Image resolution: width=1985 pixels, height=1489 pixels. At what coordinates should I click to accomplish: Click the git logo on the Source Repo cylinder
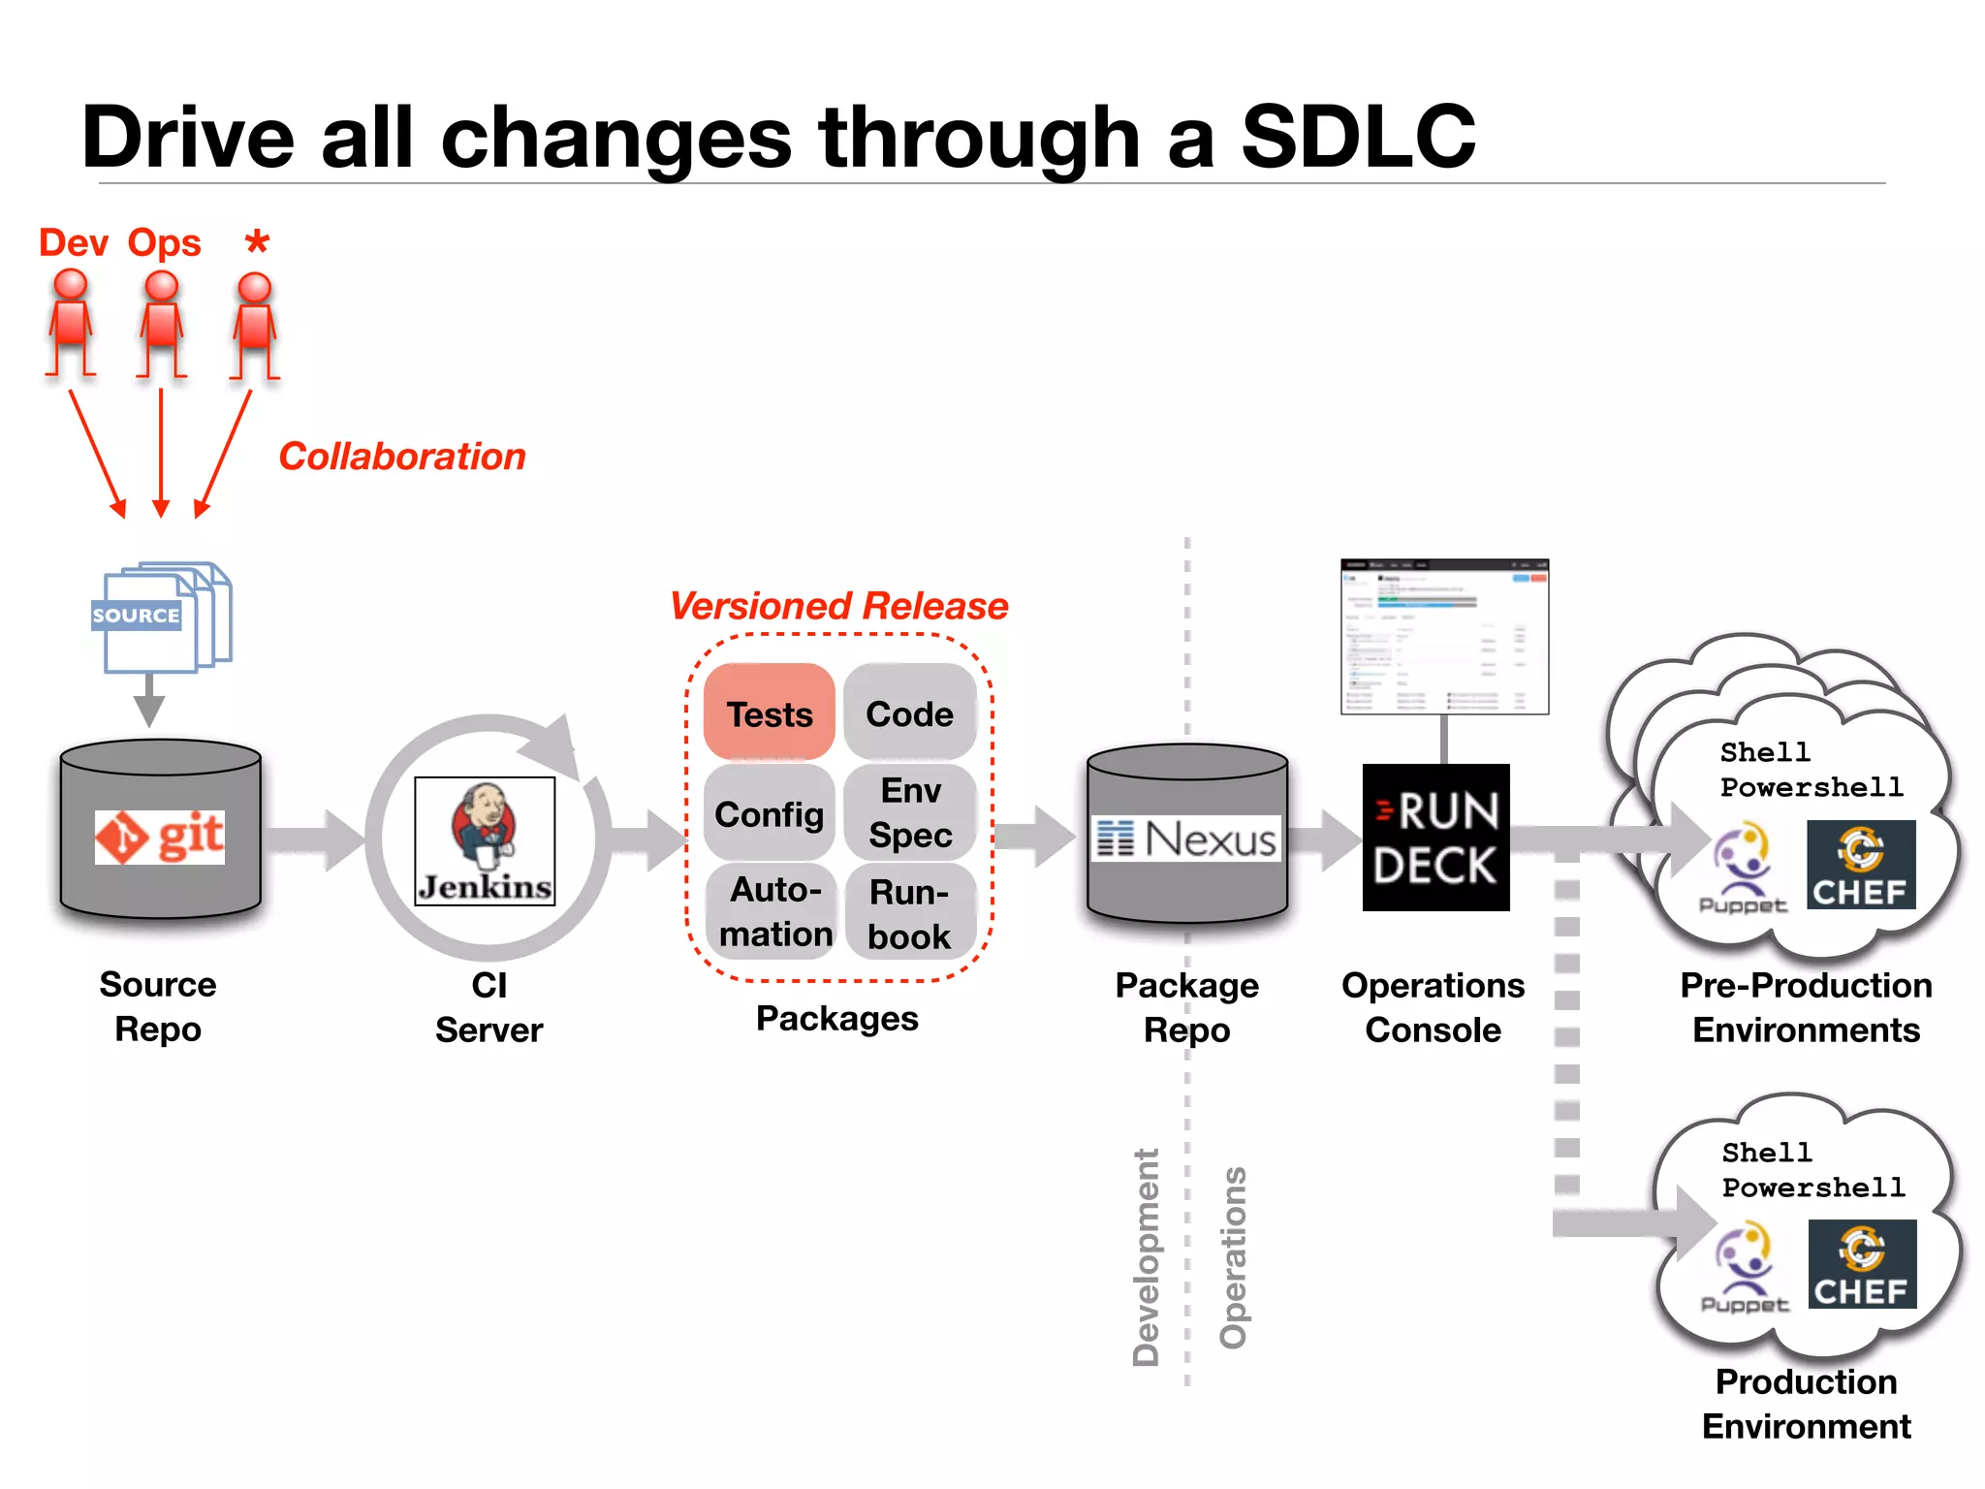(160, 837)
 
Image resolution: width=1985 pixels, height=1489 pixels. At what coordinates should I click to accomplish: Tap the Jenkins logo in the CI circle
(485, 841)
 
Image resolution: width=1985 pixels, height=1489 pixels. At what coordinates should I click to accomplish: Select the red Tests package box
(770, 713)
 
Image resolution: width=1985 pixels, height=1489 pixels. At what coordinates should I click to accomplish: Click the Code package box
(909, 713)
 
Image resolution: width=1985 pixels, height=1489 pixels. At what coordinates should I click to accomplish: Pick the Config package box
(770, 813)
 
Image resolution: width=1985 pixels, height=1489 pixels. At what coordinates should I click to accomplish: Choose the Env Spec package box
(910, 812)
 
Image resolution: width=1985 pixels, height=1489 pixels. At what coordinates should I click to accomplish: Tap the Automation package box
(773, 911)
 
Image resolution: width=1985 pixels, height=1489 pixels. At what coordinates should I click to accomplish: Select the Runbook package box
(909, 913)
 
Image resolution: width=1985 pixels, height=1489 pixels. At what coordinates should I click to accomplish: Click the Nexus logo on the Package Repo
(1186, 839)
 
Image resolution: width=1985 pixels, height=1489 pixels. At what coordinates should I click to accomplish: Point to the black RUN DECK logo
(1435, 838)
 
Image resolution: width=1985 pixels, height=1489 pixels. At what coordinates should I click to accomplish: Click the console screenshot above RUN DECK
(1444, 636)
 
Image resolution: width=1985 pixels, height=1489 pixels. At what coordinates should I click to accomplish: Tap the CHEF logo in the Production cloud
(1862, 1264)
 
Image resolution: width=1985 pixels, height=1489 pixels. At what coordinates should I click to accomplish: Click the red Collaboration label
(402, 457)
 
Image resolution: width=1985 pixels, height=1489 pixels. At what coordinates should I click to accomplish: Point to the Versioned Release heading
(839, 606)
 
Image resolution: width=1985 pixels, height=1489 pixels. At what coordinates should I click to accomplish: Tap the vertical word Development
(1146, 1257)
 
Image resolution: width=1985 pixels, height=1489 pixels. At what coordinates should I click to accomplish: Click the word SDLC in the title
(1358, 137)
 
